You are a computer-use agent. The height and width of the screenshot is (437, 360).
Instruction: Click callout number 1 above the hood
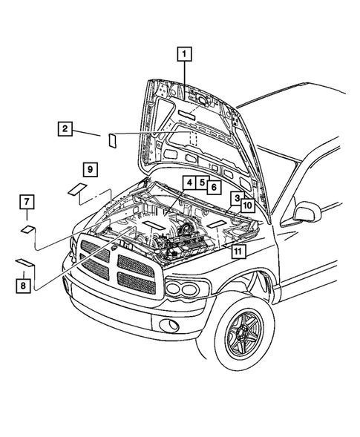183,53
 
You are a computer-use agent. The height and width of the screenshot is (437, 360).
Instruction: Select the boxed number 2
65,129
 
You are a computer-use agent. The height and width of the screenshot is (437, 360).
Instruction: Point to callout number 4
189,183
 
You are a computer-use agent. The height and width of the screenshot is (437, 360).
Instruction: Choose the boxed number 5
201,183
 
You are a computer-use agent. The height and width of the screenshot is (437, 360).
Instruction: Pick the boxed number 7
26,201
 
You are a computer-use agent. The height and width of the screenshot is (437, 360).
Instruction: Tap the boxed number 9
88,170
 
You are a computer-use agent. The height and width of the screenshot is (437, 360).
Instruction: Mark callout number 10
248,204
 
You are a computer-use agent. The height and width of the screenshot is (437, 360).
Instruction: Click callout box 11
237,252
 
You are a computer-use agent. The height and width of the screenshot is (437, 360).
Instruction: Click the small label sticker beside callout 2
113,139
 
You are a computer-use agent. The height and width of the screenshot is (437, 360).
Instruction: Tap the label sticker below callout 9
77,188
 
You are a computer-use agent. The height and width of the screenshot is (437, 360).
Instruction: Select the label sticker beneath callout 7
27,229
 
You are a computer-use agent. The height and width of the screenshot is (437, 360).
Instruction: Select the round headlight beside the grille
181,289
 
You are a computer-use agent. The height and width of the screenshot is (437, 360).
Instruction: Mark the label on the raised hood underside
186,114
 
